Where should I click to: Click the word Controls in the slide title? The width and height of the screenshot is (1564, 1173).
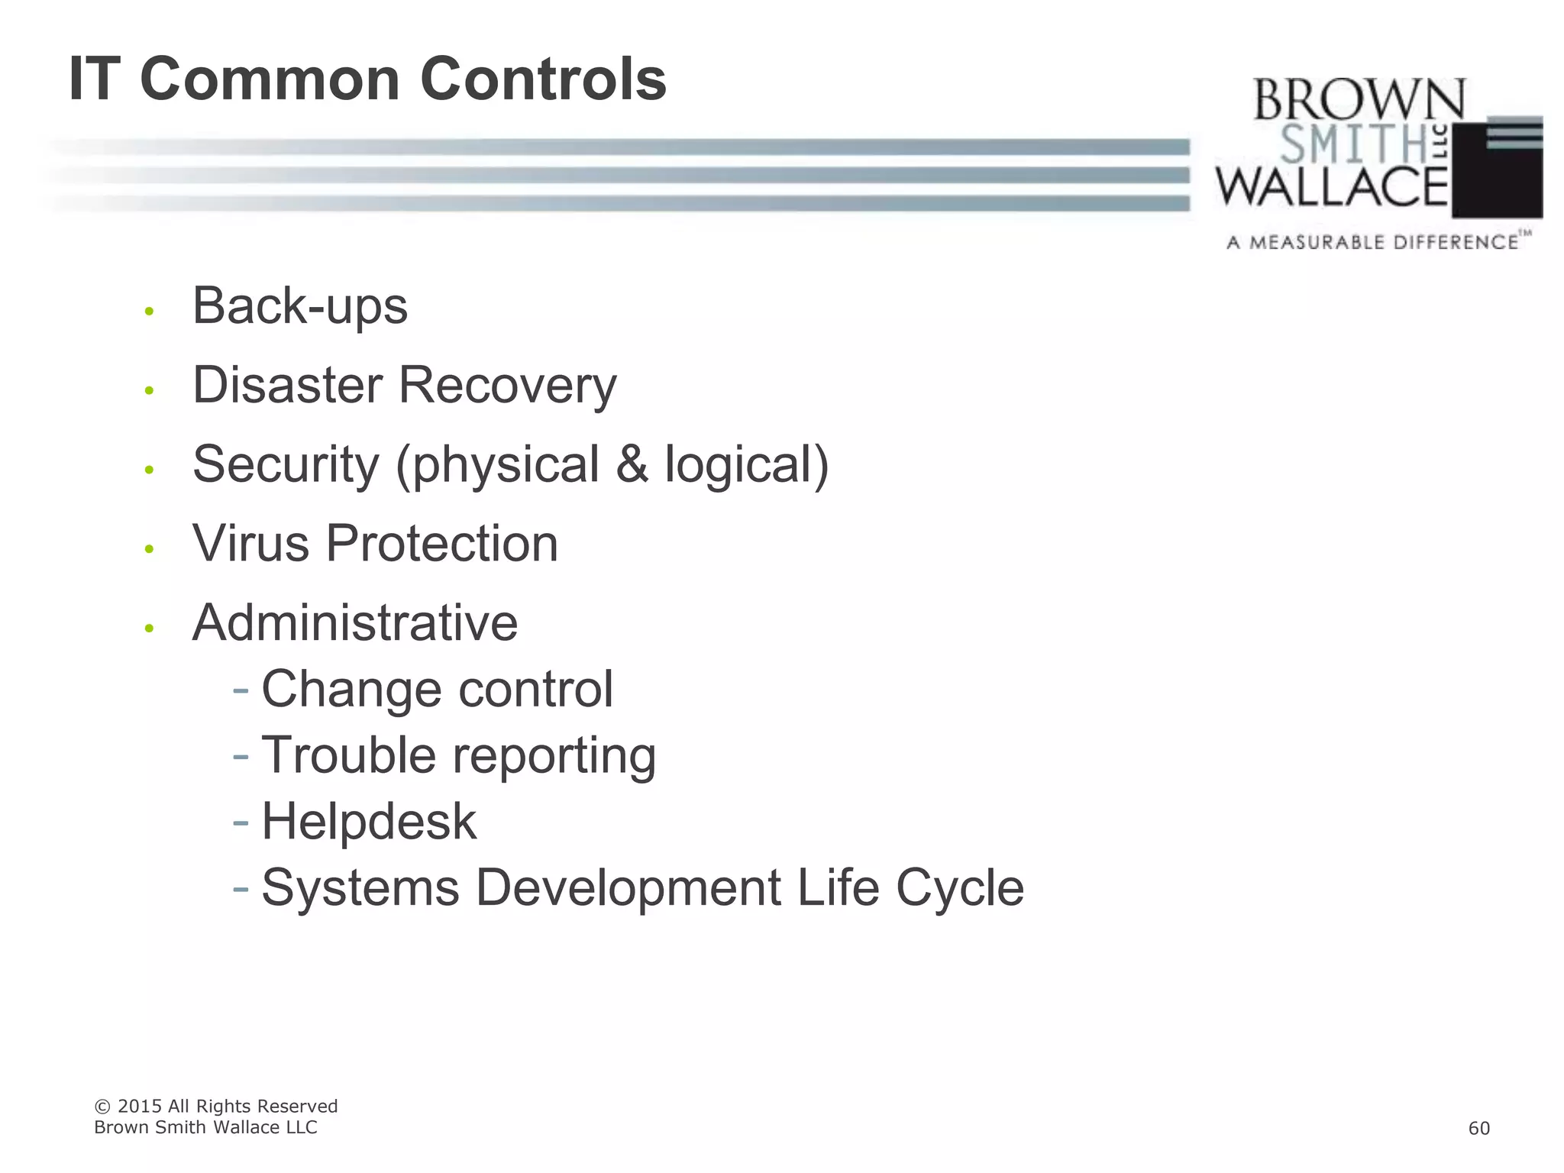pyautogui.click(x=543, y=79)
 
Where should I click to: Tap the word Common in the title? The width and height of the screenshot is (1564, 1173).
pyautogui.click(x=270, y=79)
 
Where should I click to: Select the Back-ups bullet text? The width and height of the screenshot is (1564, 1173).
pyautogui.click(x=300, y=306)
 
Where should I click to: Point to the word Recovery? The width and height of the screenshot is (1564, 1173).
pyautogui.click(x=508, y=386)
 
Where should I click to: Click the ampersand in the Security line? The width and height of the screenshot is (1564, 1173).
pyautogui.click(x=632, y=464)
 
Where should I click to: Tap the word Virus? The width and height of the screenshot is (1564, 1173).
pyautogui.click(x=250, y=544)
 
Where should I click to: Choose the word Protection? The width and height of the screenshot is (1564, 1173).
pyautogui.click(x=442, y=544)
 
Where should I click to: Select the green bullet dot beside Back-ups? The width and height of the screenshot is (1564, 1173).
pyautogui.click(x=150, y=312)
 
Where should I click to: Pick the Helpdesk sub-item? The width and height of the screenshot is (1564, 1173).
pyautogui.click(x=369, y=822)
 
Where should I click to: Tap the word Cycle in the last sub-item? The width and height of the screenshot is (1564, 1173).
pyautogui.click(x=959, y=887)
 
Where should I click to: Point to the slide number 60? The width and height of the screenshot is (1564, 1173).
pyautogui.click(x=1478, y=1129)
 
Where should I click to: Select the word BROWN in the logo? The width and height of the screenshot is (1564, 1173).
pyautogui.click(x=1359, y=100)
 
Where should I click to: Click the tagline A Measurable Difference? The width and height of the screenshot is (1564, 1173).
pyautogui.click(x=1372, y=243)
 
